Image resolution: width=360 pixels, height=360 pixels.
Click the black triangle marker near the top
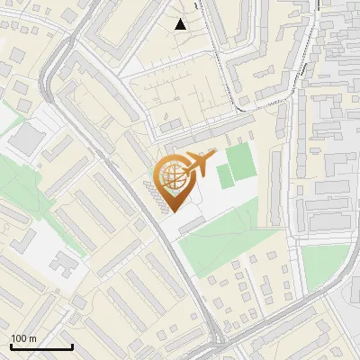[181, 24]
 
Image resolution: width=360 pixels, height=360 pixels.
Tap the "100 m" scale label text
[23, 338]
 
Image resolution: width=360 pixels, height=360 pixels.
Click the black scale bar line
[41, 346]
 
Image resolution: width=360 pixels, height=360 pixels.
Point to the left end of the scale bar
[11, 346]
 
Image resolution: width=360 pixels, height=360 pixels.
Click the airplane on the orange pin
[197, 165]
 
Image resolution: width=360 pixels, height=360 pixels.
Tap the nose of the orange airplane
[215, 155]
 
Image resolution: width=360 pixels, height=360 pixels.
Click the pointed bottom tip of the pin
[173, 211]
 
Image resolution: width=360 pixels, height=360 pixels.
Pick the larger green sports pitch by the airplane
[240, 164]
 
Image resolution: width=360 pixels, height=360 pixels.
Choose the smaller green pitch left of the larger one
[224, 177]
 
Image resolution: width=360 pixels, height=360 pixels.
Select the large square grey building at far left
[30, 137]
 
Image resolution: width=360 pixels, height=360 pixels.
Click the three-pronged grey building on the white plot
[63, 263]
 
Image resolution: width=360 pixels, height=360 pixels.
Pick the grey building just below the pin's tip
[191, 225]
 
